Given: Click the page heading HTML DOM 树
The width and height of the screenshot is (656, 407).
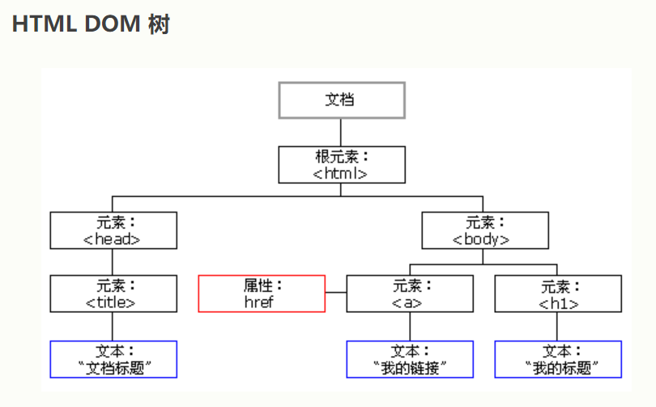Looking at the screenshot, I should point(91,24).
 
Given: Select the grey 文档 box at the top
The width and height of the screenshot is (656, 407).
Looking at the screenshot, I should point(341,100).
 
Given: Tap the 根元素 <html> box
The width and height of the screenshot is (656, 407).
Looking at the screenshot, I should point(341,165).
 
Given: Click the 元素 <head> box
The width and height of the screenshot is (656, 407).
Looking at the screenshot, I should point(113,230).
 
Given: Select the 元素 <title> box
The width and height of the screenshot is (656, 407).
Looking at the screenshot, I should point(113,293).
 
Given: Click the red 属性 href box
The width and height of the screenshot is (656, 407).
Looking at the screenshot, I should point(262,293).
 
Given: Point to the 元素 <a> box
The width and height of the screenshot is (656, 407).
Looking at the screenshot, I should point(409,293).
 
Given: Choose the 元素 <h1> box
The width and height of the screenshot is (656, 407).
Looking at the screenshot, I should point(557,293).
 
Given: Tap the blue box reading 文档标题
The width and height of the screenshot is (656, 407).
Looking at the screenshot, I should point(113,359).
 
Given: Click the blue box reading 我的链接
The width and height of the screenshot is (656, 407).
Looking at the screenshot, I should point(409,359).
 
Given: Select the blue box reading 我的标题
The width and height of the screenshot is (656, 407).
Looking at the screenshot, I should point(557,359).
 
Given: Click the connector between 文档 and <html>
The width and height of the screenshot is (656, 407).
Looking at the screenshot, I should point(341,132).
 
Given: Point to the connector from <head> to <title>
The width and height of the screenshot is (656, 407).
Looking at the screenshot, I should point(113,262).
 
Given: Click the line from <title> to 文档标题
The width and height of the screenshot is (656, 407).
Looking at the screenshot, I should point(113,327).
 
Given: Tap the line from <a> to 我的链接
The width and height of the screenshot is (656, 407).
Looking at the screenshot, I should point(409,327).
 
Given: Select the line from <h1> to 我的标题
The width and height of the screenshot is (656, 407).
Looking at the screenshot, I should point(557,327).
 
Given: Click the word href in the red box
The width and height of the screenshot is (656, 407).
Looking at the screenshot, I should point(260,302).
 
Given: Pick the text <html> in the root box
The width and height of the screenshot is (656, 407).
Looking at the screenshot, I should point(341,173).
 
